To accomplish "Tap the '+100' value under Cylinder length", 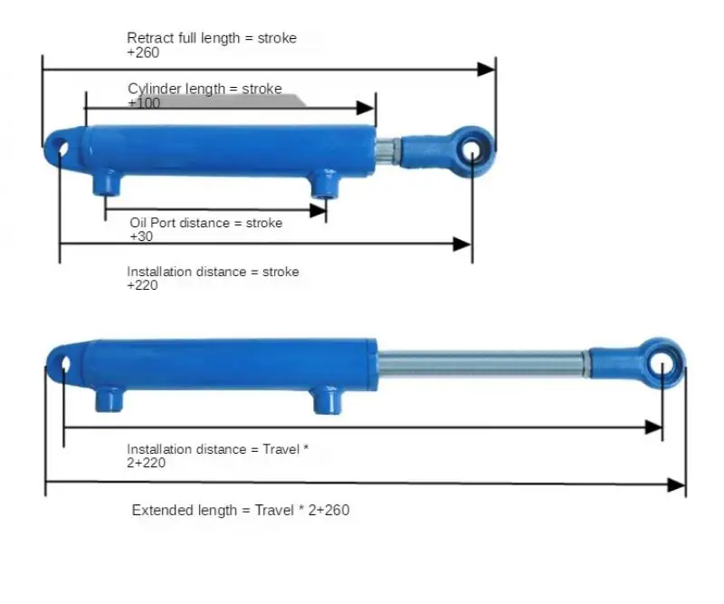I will [x=144, y=103].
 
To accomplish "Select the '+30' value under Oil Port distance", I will [x=141, y=236].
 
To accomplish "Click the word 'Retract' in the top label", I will [x=145, y=38].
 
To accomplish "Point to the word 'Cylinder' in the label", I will [x=155, y=89].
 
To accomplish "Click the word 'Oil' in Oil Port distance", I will [x=138, y=223].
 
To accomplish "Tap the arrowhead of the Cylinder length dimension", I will [x=367, y=108].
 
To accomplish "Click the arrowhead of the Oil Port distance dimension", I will [x=319, y=211].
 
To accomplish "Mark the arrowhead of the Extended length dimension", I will [x=677, y=484].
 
